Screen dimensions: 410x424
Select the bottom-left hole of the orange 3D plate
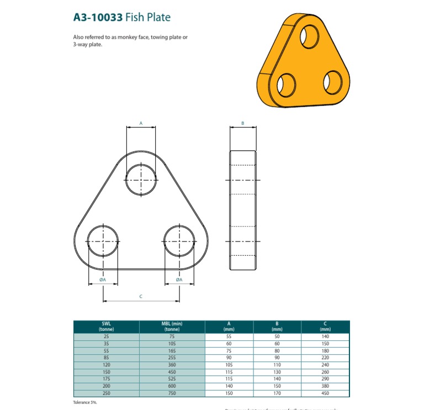(x=287, y=86)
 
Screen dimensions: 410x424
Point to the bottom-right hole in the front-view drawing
(x=179, y=241)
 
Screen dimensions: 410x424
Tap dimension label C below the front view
(x=141, y=297)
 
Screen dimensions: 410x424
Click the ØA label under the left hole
(x=103, y=280)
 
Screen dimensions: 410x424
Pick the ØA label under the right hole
(x=179, y=280)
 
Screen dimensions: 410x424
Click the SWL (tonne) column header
(x=106, y=327)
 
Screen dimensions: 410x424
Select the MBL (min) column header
(x=172, y=327)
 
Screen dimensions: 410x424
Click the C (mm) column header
(x=325, y=327)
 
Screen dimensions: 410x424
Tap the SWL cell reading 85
(x=106, y=358)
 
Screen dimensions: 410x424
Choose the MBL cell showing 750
(x=172, y=393)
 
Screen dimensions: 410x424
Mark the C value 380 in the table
(x=325, y=386)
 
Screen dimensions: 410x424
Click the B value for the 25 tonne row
(x=277, y=336)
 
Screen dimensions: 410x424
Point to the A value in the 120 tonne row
(x=229, y=365)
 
